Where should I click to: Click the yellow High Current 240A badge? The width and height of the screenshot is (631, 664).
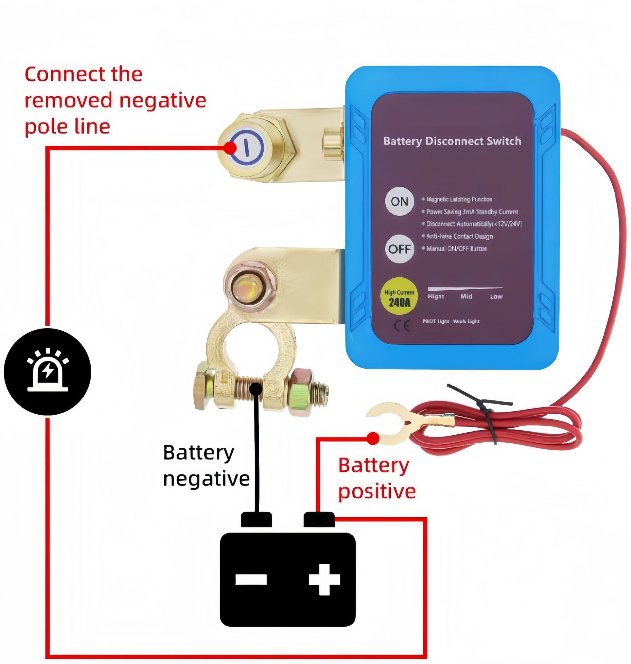pyautogui.click(x=399, y=296)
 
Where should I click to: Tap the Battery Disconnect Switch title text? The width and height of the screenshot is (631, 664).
pyautogui.click(x=452, y=141)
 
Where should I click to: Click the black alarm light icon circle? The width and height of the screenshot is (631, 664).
pyautogui.click(x=47, y=372)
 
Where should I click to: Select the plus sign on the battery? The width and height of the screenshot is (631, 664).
pyautogui.click(x=324, y=579)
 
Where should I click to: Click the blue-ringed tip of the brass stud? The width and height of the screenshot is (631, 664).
pyautogui.click(x=247, y=147)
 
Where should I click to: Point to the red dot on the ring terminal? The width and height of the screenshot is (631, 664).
pyautogui.click(x=373, y=439)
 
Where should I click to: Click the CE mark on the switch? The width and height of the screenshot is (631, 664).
pyautogui.click(x=402, y=326)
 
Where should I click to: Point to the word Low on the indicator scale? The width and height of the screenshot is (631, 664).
pyautogui.click(x=496, y=296)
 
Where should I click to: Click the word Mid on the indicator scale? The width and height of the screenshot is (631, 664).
pyautogui.click(x=466, y=296)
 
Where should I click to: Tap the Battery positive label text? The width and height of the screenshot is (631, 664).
pyautogui.click(x=377, y=478)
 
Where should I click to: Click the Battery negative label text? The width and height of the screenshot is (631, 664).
pyautogui.click(x=206, y=465)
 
